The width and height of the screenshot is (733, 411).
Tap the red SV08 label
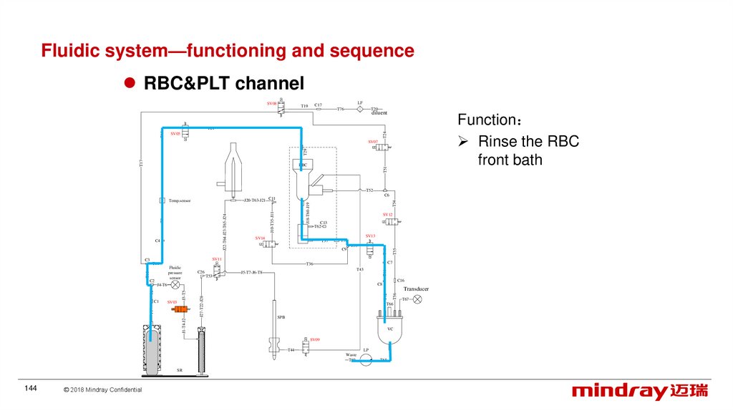click(x=272, y=103)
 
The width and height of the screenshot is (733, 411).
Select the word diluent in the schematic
click(x=379, y=112)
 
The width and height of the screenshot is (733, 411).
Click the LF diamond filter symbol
click(x=360, y=110)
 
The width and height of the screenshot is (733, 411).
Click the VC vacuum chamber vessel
click(x=390, y=329)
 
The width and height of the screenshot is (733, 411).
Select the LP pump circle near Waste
click(x=366, y=359)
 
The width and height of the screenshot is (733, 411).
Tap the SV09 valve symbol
click(x=306, y=347)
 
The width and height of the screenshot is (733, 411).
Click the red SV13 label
click(x=370, y=236)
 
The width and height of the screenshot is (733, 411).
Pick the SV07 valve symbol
click(x=382, y=147)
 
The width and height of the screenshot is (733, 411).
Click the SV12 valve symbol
click(x=392, y=222)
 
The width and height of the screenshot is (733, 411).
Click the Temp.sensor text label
click(x=180, y=201)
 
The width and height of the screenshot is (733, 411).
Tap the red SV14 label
click(x=260, y=237)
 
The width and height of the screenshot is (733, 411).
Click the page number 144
click(x=31, y=388)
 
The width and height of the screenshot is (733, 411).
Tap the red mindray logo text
click(x=620, y=391)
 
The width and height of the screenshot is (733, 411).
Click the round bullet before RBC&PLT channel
click(x=130, y=84)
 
